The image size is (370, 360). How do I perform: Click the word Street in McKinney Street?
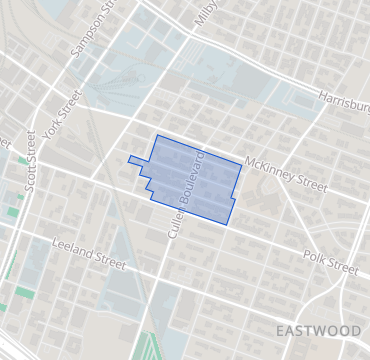pyautogui.click(x=312, y=185)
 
